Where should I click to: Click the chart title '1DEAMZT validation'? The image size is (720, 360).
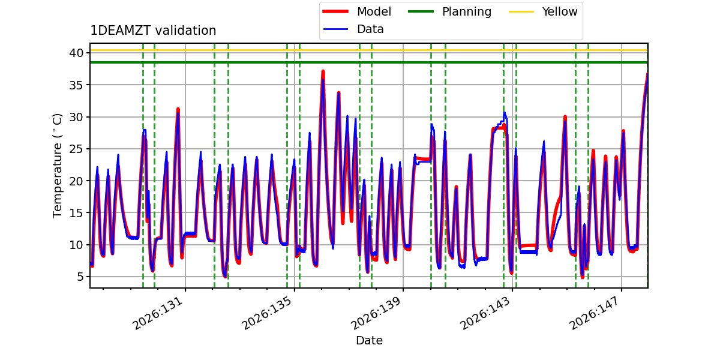[153, 31]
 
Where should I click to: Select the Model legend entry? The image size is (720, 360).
[357, 11]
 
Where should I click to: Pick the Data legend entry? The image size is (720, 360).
[353, 29]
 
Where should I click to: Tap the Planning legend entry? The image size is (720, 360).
[449, 11]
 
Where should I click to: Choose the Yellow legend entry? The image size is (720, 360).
[543, 11]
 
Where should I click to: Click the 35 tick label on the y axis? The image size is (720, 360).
[76, 85]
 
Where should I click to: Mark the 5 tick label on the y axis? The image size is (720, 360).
[80, 277]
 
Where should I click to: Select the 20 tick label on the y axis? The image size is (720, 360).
[76, 181]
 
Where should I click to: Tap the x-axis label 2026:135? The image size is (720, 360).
[267, 313]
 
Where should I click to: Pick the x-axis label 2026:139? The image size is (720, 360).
[376, 313]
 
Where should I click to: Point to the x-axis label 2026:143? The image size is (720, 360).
[485, 313]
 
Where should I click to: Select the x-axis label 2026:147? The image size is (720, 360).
[595, 313]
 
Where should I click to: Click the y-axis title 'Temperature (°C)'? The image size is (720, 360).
[57, 166]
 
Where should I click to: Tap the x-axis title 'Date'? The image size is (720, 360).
[369, 340]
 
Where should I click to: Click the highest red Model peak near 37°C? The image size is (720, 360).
[323, 71]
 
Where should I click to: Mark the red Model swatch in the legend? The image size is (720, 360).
[335, 11]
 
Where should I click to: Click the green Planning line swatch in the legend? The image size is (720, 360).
[421, 11]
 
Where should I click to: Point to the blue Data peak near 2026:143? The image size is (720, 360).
[505, 113]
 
